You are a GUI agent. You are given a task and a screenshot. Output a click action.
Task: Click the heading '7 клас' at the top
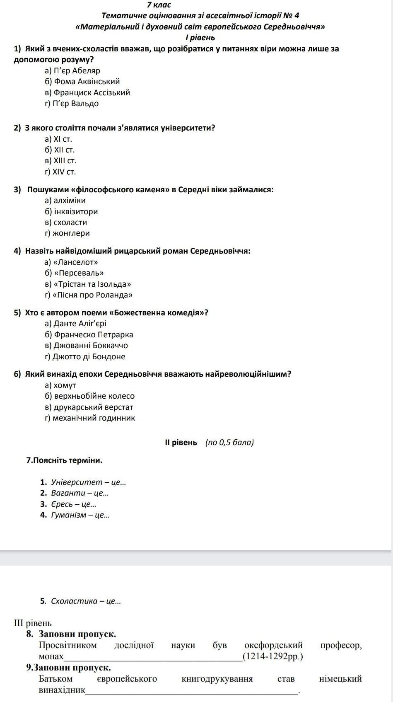pos(159,5)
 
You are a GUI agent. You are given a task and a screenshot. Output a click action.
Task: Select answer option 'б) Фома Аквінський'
pos(82,82)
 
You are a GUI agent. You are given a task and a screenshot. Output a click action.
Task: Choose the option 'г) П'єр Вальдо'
pos(72,104)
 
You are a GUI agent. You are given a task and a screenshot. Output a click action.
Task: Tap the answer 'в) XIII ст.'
pos(61,161)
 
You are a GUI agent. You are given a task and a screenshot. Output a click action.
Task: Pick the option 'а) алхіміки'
pos(65,201)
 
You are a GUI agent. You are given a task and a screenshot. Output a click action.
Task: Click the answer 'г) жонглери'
pos(67,233)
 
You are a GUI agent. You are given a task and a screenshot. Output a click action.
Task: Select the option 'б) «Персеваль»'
pos(74,273)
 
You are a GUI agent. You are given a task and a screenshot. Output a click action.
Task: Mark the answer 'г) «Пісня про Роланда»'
pos(89,295)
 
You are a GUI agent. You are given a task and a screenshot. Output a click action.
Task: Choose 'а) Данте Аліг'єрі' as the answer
pos(76,324)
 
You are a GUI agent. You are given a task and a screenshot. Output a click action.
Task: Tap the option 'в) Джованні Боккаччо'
pos(87,346)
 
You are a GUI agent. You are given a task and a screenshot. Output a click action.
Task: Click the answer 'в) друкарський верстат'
pos(89,407)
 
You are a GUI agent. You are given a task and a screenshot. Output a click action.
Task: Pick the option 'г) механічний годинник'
pos(90,418)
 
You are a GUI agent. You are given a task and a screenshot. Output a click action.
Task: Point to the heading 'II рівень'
pos(181,443)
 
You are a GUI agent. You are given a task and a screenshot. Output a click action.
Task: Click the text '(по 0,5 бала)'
pos(229,443)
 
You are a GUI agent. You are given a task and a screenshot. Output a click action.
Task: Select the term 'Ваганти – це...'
pos(80,493)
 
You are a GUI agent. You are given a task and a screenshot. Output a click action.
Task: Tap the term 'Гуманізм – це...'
pos(80,515)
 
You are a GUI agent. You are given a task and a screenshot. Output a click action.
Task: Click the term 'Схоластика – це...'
pos(86,601)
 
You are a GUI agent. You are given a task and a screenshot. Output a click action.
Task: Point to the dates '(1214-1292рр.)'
pos(273,656)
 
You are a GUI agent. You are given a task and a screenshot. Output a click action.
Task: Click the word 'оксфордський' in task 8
pos(273,645)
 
